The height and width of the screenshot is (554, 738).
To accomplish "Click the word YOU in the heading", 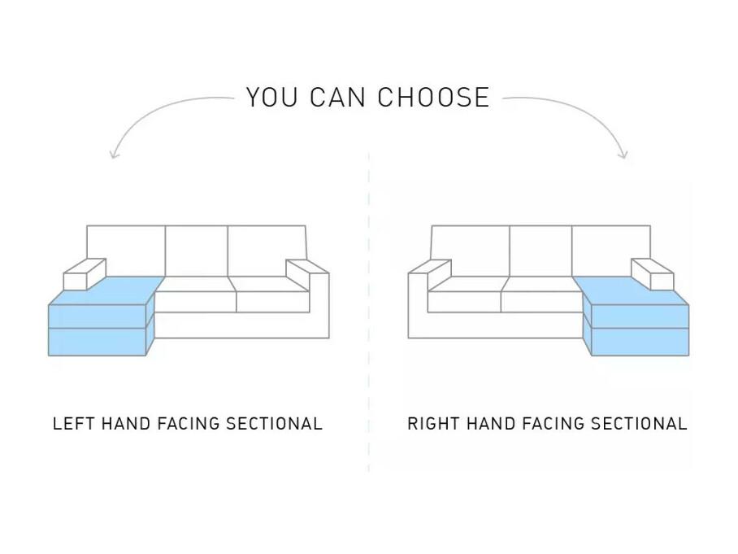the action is click(x=272, y=97).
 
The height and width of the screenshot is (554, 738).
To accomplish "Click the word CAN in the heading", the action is click(x=338, y=97).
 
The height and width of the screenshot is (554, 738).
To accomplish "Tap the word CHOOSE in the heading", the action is click(x=433, y=97).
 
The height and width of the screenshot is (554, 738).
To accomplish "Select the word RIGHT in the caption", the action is click(x=433, y=424).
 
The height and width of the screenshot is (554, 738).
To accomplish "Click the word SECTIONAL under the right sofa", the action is click(x=639, y=424).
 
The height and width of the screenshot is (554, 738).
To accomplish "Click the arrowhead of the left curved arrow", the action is click(x=113, y=154).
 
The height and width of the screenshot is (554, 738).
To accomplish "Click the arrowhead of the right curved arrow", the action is click(x=623, y=154).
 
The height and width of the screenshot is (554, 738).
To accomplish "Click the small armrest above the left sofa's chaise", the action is click(x=85, y=274).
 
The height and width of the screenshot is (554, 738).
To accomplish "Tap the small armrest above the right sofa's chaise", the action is click(x=653, y=274).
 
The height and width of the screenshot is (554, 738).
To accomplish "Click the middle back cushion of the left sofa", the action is click(x=197, y=251).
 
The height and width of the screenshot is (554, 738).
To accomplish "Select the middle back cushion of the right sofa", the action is click(x=540, y=251).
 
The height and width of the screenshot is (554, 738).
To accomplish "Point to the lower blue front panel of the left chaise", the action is click(x=98, y=342).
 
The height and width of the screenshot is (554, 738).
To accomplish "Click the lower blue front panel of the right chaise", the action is click(x=640, y=342).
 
